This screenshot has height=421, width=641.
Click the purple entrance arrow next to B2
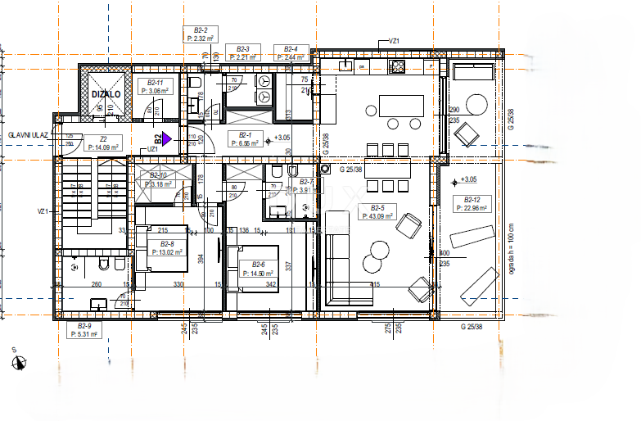click(x=167, y=139)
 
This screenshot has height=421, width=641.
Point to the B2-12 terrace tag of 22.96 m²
click(x=472, y=204)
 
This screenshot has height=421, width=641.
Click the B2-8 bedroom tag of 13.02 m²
click(x=167, y=248)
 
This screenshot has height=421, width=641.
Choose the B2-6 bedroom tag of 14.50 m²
click(x=258, y=269)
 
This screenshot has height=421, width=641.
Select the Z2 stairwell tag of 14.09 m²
click(x=104, y=144)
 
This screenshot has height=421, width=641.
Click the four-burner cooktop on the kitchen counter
click(x=399, y=66)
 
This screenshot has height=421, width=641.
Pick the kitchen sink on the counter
click(x=346, y=65)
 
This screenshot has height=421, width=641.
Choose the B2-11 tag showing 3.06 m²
click(x=155, y=88)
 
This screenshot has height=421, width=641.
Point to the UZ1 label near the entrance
click(x=153, y=149)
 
